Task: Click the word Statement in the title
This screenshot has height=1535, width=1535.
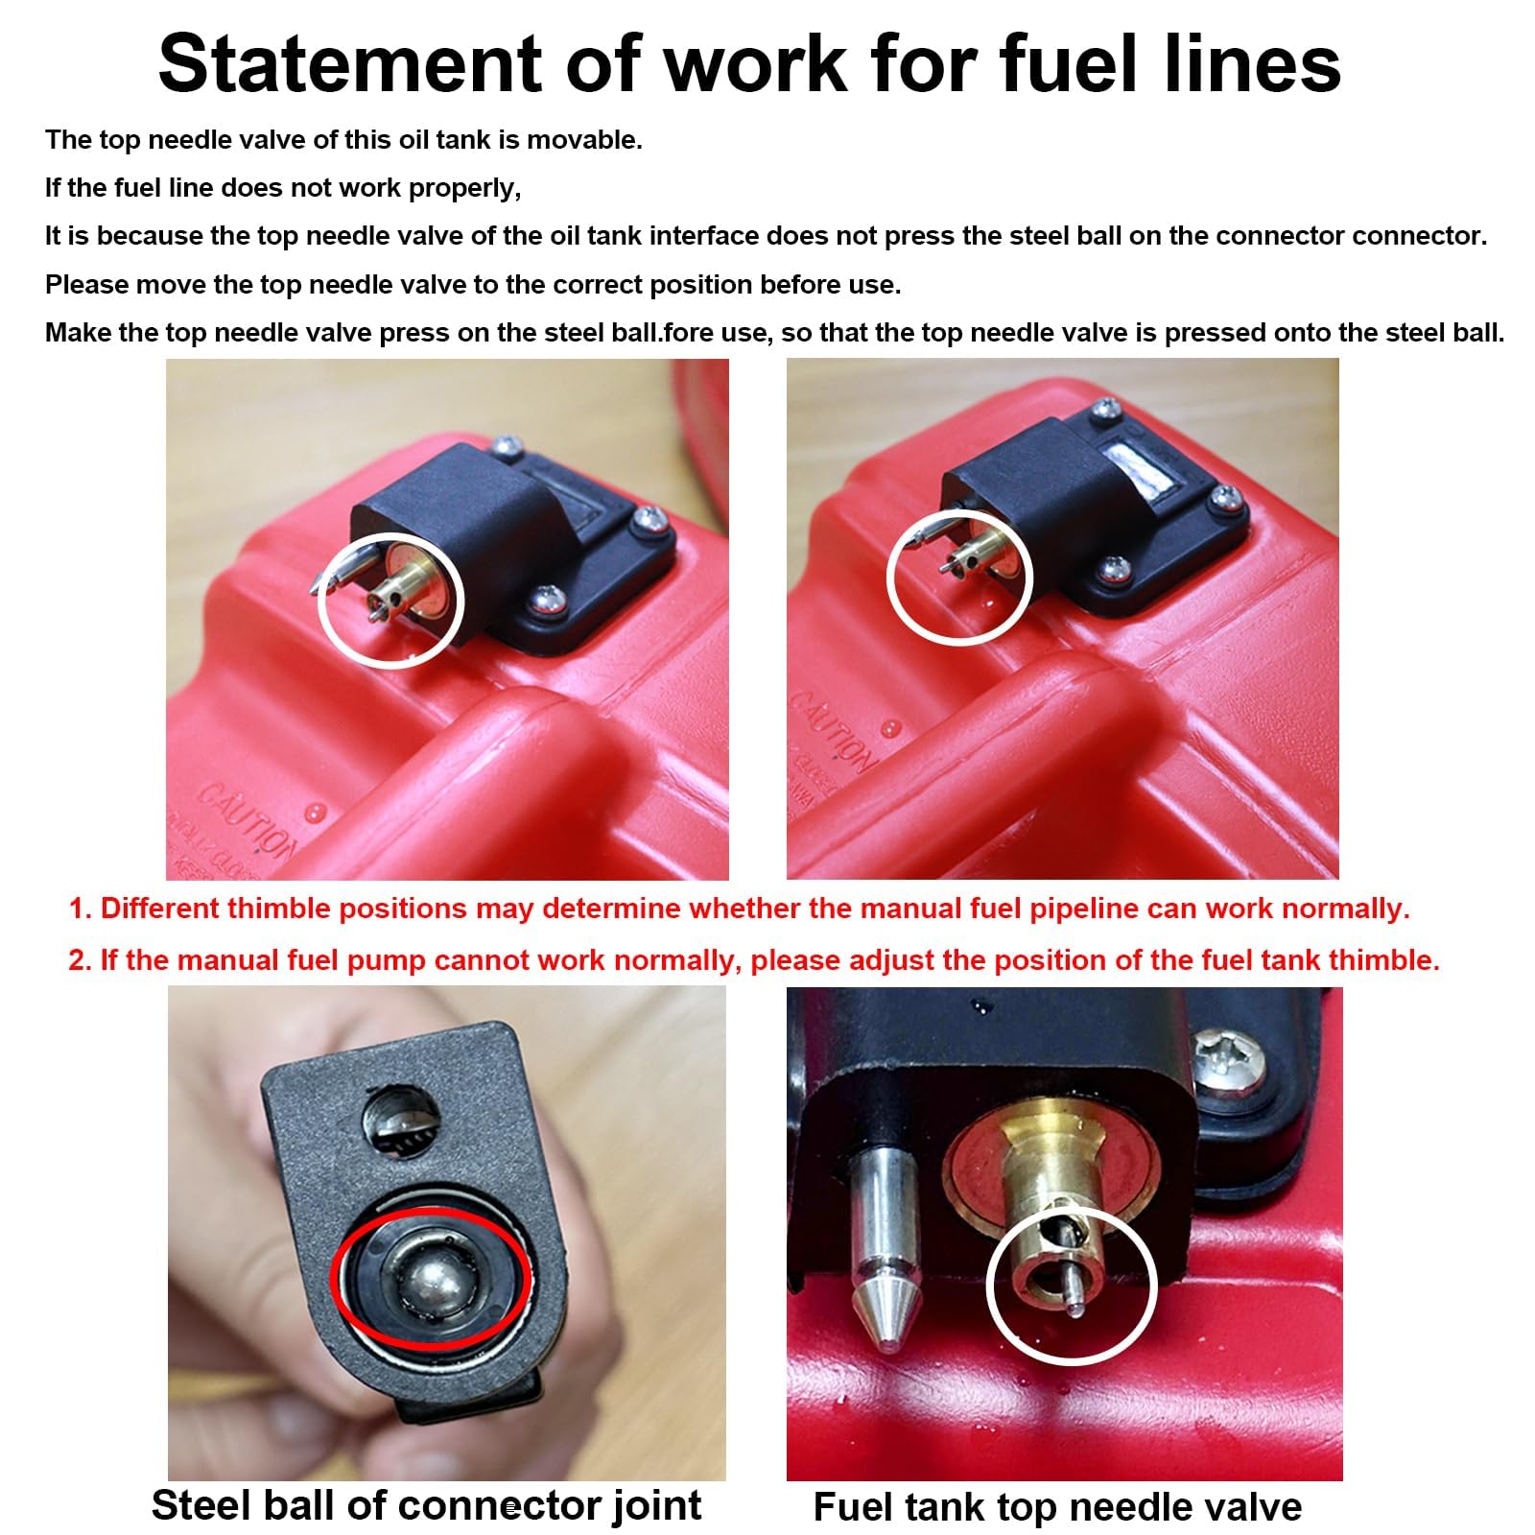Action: coord(350,65)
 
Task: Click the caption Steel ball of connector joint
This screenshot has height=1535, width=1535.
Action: coord(426,1504)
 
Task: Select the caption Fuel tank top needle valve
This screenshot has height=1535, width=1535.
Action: coord(1057,1506)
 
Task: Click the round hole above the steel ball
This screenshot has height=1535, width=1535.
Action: coord(401,1121)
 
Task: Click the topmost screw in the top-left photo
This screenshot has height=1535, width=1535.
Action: coord(508,445)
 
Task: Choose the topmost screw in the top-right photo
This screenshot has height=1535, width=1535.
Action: coord(1106,411)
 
